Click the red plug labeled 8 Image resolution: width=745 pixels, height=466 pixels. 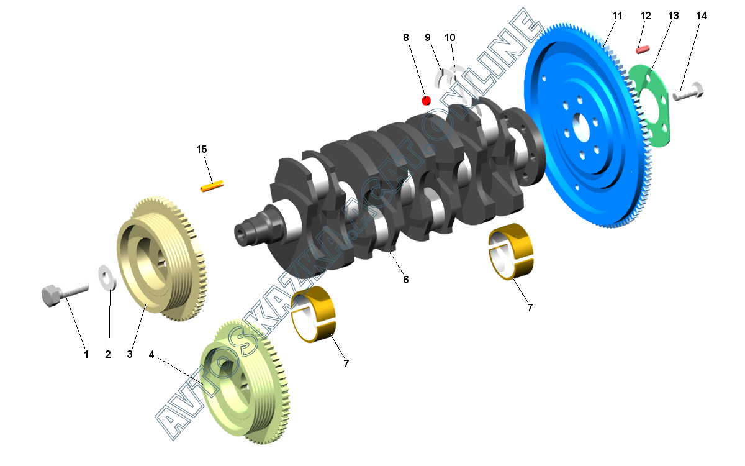(x=426, y=101)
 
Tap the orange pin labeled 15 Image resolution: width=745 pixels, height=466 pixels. (x=212, y=186)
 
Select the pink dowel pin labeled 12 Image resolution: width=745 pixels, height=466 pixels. (x=642, y=50)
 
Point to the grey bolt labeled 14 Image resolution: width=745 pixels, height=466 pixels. (x=688, y=92)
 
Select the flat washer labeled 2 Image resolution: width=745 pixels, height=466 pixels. (x=107, y=277)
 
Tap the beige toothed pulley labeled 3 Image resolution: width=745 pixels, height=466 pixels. (x=162, y=258)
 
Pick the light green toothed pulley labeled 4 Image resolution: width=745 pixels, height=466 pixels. (x=245, y=381)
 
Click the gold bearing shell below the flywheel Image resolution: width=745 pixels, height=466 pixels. (x=510, y=251)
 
